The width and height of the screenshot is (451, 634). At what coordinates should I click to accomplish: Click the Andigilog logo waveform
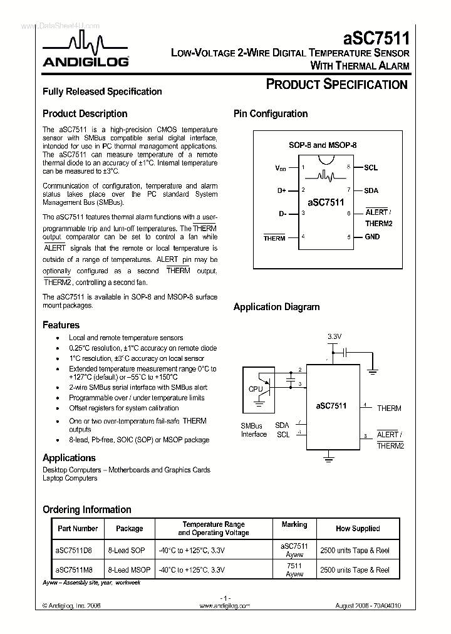(x=86, y=44)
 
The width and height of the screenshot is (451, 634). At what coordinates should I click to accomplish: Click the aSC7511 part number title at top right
(x=376, y=38)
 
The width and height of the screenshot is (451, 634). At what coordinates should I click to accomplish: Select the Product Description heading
(x=85, y=114)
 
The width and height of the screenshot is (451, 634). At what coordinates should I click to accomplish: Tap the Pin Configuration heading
(x=271, y=114)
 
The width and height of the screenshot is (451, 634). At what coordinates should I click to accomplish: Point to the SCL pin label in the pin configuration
(x=371, y=168)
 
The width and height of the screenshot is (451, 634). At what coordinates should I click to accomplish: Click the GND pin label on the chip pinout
(x=372, y=237)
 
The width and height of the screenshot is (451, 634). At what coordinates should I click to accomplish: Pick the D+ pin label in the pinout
(x=281, y=190)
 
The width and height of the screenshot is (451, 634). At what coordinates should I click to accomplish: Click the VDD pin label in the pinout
(x=281, y=169)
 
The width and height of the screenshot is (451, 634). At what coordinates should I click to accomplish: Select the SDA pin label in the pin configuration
(x=371, y=190)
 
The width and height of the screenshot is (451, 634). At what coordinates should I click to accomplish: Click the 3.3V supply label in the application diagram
(x=334, y=337)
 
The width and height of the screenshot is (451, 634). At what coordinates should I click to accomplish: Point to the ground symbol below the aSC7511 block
(x=328, y=459)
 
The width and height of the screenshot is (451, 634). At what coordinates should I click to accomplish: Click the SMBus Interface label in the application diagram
(x=254, y=430)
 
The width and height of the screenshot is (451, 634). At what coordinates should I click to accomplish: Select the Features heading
(x=61, y=325)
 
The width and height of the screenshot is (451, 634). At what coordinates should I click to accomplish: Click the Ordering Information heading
(x=86, y=509)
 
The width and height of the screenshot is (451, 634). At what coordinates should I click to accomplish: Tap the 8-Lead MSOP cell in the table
(x=129, y=570)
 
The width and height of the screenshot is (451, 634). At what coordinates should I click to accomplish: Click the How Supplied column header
(x=357, y=529)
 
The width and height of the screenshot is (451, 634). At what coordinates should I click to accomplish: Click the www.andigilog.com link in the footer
(x=224, y=606)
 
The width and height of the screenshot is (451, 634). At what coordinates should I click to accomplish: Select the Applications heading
(x=68, y=458)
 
